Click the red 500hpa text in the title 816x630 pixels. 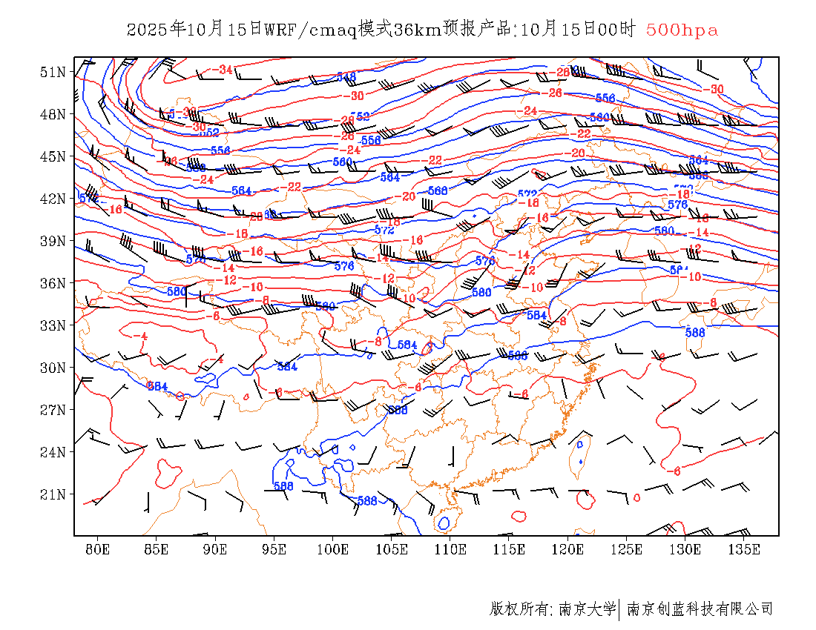point(682,30)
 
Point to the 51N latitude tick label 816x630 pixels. point(53,72)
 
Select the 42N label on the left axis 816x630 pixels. point(53,199)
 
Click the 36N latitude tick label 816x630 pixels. point(53,283)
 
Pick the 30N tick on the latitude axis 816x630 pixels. point(53,368)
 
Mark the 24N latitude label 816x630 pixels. point(53,452)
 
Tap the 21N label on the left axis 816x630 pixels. point(53,494)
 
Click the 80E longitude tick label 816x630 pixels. point(97,549)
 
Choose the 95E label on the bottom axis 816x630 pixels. point(274,549)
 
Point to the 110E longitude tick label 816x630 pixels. point(450,549)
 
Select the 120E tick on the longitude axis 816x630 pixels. point(568,549)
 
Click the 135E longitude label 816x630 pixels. point(744,549)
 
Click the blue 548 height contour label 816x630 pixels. point(346,76)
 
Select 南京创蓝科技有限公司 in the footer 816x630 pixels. point(700,609)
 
